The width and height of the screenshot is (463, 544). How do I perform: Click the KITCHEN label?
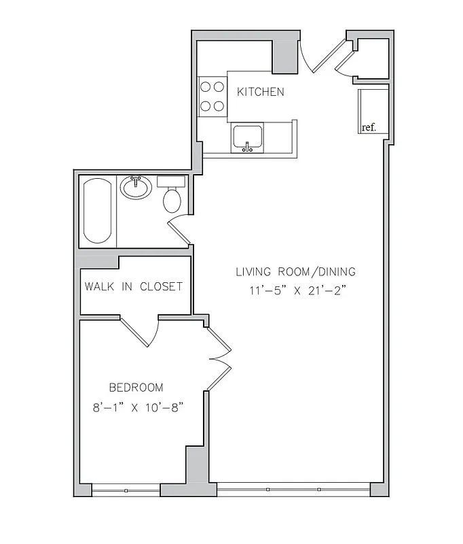coord(260,92)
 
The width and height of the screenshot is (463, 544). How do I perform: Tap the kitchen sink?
coord(248,138)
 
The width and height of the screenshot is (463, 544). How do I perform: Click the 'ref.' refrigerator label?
coord(369,127)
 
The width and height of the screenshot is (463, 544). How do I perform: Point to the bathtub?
coord(98,211)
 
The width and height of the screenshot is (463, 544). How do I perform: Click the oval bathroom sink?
coord(136,188)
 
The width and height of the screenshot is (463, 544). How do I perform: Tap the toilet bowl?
coord(172,199)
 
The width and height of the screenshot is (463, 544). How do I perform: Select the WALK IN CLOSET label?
coord(133,286)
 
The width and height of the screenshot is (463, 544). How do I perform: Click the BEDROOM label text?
coord(136,388)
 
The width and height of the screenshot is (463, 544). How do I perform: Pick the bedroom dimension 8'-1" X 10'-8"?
coord(138,408)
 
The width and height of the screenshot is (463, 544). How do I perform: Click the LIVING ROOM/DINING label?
coord(295,272)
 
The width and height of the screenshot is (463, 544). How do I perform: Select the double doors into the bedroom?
coord(219,358)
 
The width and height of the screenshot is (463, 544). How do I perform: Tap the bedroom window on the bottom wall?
coord(126,490)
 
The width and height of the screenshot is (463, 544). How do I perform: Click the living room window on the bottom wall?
coord(293,489)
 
